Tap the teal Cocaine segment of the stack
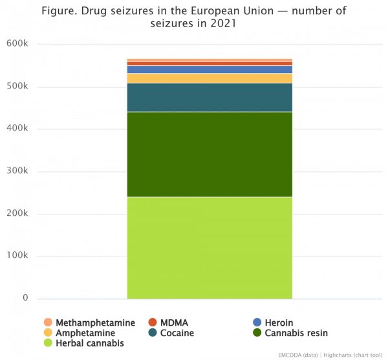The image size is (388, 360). pos(210,98)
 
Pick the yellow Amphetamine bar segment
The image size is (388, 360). pos(210,78)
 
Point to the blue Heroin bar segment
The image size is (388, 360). pos(210,69)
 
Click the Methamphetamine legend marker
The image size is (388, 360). pos(48,323)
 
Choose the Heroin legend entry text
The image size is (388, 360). pos(279,323)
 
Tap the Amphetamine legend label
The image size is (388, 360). pos(85,333)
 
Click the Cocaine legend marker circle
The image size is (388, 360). pos(153,333)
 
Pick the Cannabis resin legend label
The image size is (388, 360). pos(296,333)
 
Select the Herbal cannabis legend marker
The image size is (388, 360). pos(48,343)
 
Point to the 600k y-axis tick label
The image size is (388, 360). pos(17,44)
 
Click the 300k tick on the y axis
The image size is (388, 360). pos(17,171)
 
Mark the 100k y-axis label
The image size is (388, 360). pos(17,256)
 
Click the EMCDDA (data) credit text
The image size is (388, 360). pos(297,355)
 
